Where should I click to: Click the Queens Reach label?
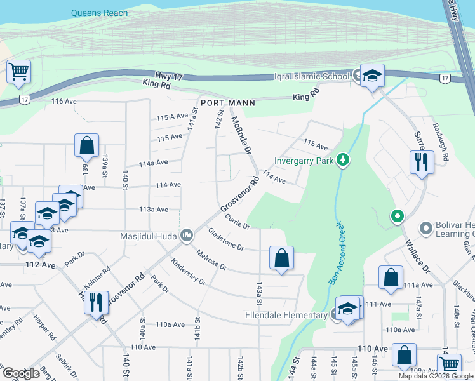coord(99,13)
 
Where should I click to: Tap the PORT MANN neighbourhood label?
coord(227,103)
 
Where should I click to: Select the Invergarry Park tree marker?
coord(343,159)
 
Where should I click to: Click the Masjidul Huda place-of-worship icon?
coord(187,236)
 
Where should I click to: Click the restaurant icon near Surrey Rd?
coord(420,162)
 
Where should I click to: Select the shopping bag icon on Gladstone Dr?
coord(281,258)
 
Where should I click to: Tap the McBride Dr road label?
coord(241,135)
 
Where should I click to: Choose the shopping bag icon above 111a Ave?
coord(391,277)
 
